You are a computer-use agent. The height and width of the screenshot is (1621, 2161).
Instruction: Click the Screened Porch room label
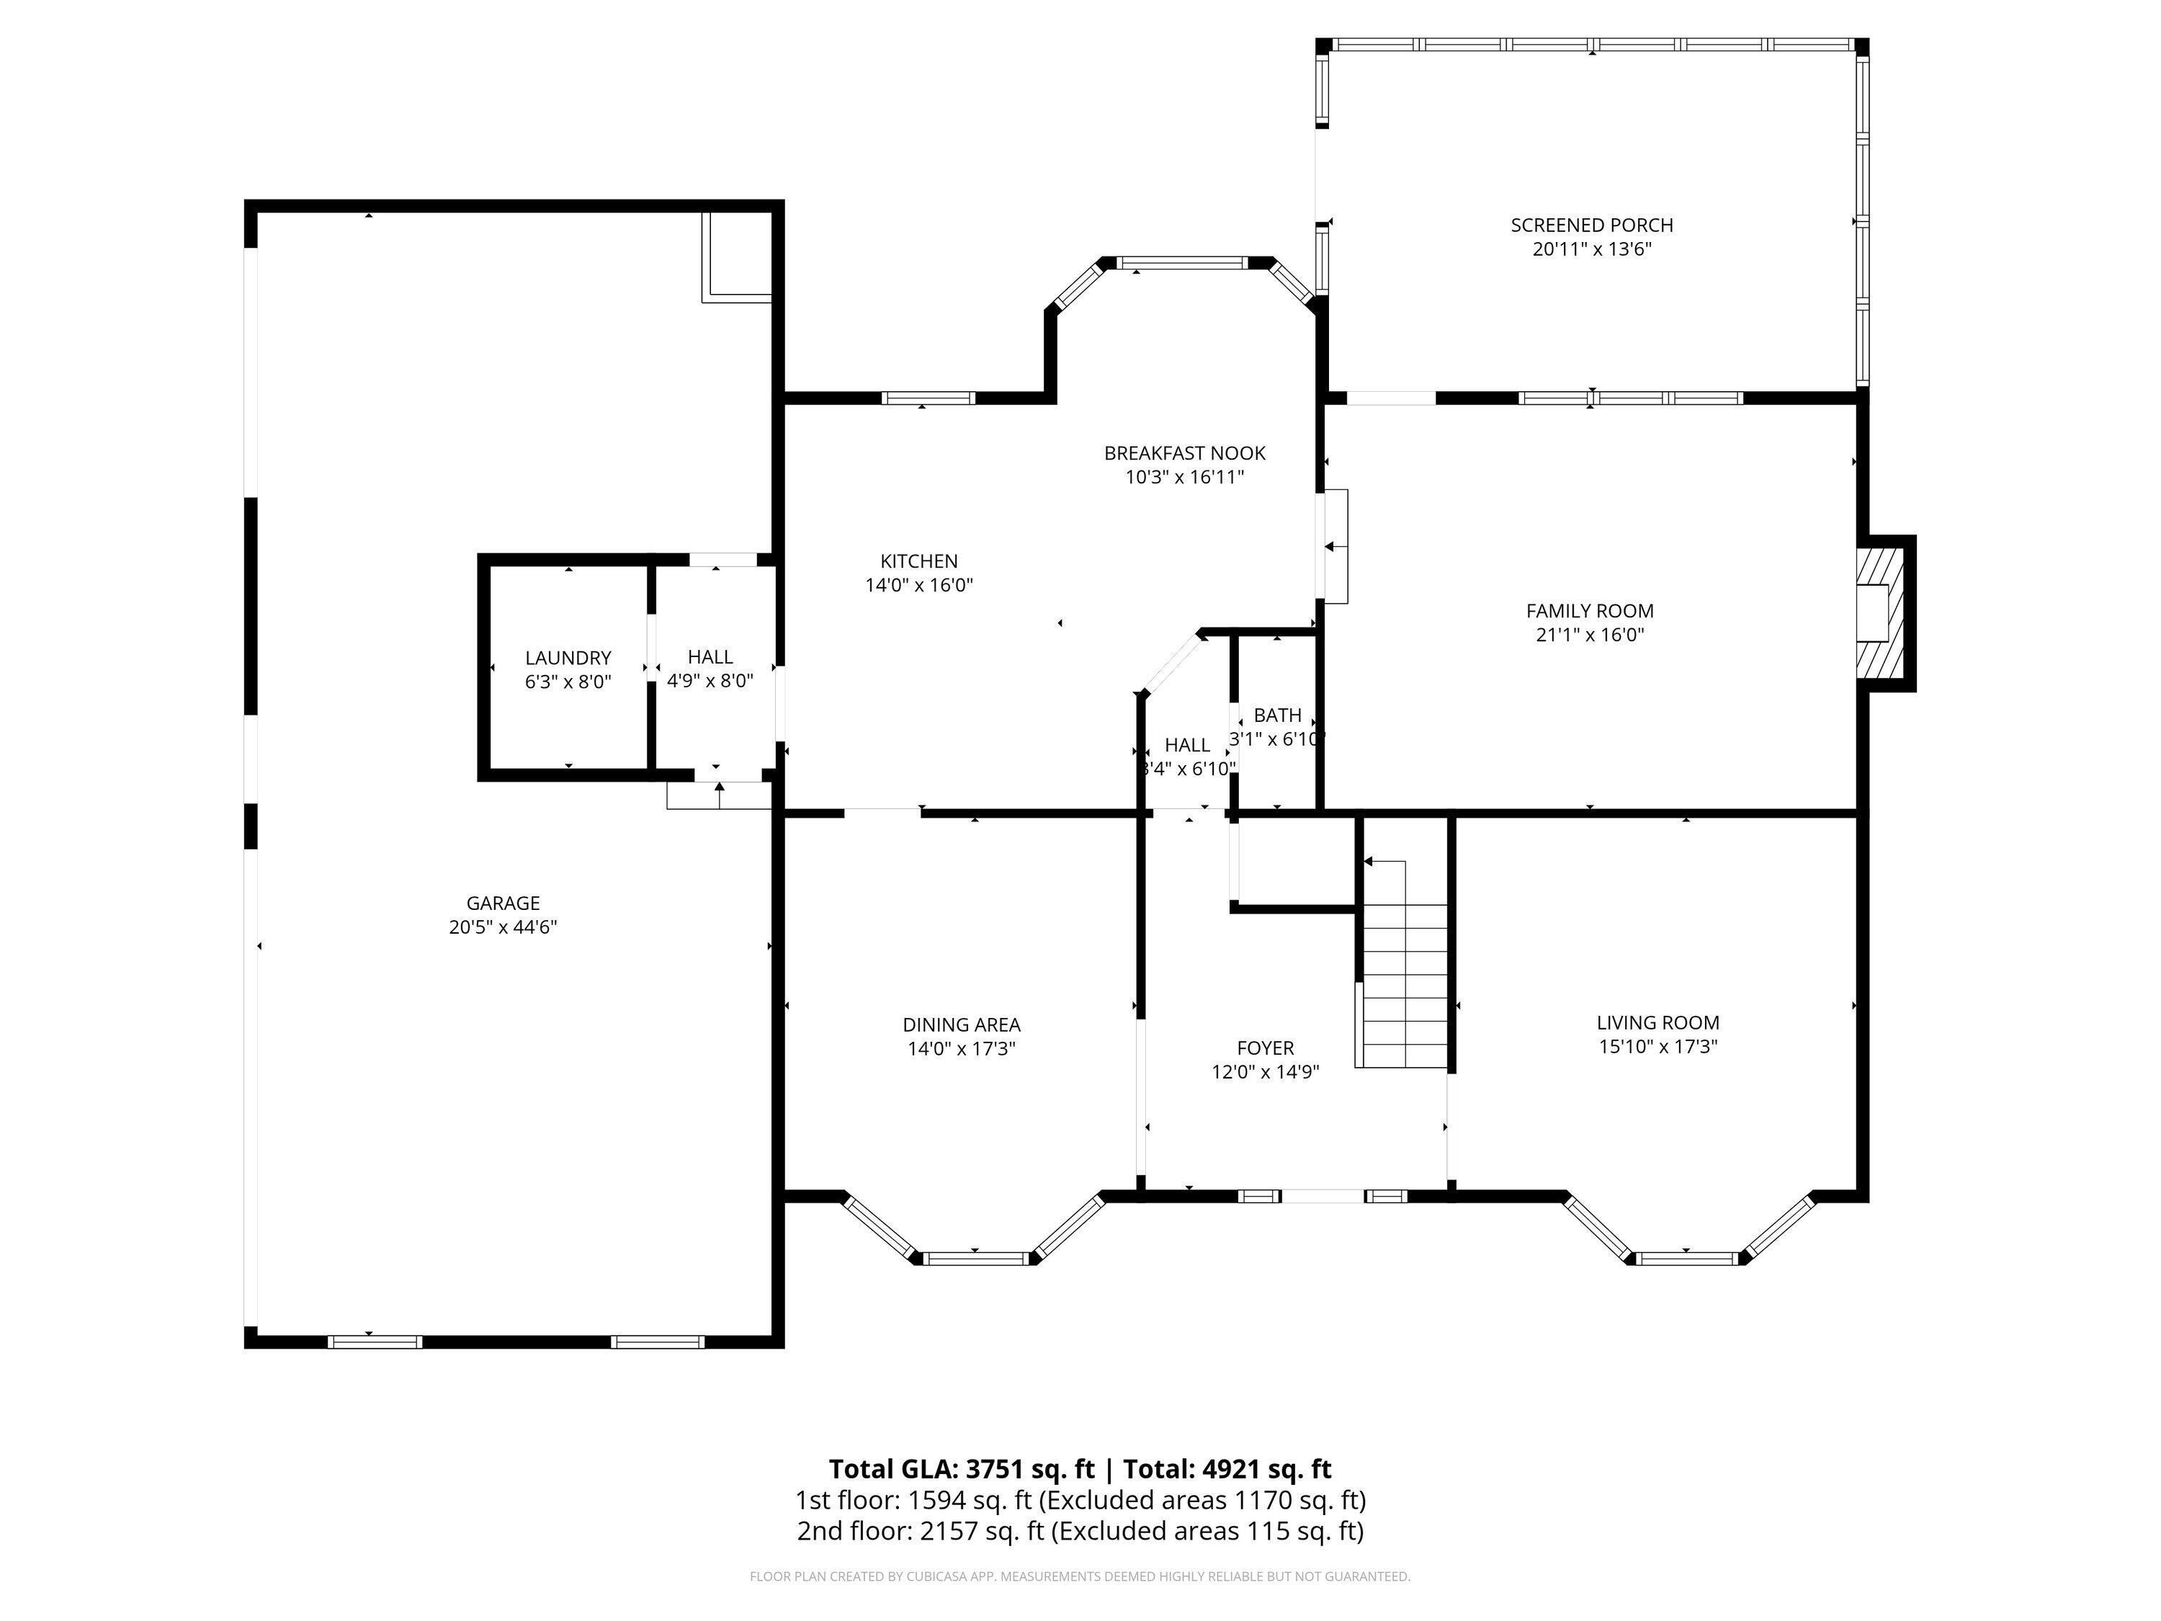pos(1591,225)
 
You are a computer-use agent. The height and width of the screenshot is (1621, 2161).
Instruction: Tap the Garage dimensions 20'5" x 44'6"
pos(503,927)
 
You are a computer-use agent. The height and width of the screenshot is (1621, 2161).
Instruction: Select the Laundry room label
pos(568,658)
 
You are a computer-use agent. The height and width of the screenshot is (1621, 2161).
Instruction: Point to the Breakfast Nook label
pos(1184,453)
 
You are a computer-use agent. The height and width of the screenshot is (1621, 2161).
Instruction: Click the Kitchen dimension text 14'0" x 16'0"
pos(919,585)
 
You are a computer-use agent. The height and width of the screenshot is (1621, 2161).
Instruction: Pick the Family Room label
pos(1590,611)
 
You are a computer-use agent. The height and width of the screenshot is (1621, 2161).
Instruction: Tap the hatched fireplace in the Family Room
pos(1882,612)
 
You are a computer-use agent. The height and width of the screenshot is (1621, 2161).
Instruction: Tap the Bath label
pos(1278,715)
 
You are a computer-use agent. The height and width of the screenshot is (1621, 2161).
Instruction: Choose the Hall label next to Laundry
pos(710,656)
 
